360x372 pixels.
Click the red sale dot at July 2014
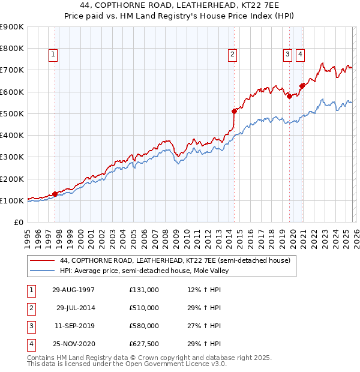[234, 111]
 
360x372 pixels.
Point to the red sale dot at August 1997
[55, 194]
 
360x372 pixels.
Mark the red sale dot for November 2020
[302, 85]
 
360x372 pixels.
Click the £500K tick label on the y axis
[12, 113]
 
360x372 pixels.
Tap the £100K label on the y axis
[12, 200]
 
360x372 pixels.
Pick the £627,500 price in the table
[144, 344]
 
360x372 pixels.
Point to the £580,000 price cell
[144, 326]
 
